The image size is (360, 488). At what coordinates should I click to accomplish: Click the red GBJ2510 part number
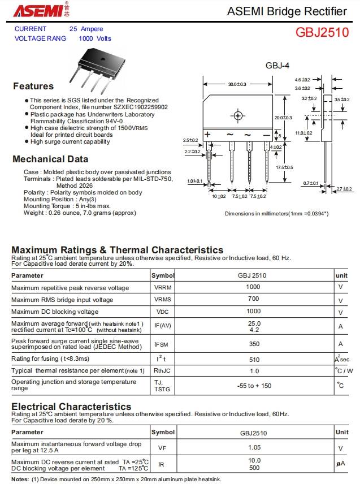[322, 32]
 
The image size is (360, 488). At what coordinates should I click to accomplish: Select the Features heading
[33, 87]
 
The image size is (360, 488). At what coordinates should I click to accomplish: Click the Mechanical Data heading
[50, 159]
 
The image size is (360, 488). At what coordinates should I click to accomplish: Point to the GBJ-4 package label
[277, 66]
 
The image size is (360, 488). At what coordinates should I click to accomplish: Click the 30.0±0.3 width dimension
[237, 84]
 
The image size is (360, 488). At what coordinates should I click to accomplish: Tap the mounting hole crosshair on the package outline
[238, 116]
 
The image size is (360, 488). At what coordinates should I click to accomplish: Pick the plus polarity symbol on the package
[207, 135]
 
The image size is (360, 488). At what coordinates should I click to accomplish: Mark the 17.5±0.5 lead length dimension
[284, 167]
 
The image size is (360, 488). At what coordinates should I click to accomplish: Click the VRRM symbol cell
[162, 288]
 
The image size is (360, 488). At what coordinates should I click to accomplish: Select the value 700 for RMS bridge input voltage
[253, 299]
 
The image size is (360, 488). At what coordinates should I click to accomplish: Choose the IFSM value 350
[254, 344]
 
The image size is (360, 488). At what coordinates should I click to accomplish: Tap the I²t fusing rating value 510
[254, 359]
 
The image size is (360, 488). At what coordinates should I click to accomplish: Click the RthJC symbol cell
[162, 371]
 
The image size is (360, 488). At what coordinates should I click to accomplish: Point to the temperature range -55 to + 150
[254, 386]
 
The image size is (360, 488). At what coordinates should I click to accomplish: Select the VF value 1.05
[254, 448]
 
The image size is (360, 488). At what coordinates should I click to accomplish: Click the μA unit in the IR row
[340, 464]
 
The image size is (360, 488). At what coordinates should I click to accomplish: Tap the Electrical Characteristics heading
[71, 407]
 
